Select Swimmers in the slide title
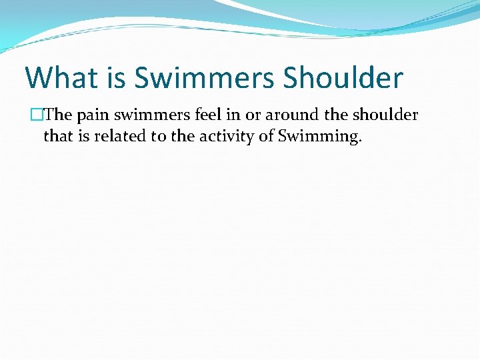tap(204, 77)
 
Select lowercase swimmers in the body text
tap(151, 115)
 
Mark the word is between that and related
tap(83, 137)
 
